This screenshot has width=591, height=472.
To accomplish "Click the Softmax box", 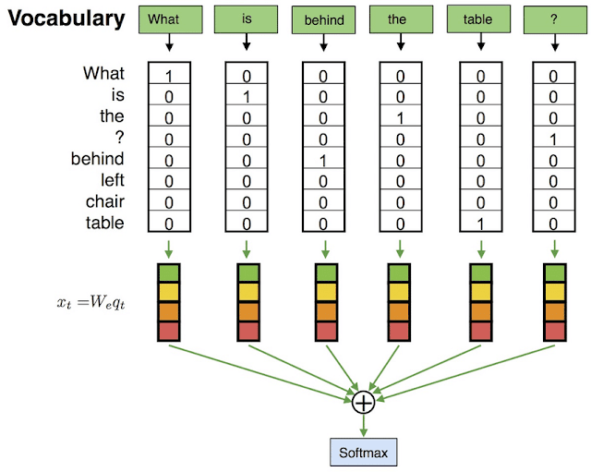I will click(363, 452).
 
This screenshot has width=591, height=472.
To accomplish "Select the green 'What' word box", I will click(163, 19).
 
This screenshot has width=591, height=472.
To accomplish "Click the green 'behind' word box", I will click(322, 19).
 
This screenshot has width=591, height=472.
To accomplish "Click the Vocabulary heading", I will click(63, 18).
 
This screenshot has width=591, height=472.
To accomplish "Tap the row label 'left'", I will click(108, 180).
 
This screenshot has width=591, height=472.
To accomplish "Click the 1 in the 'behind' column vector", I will click(322, 160).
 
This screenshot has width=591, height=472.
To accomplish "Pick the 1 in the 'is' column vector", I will click(245, 96).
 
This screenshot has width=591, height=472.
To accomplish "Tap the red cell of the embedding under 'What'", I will click(167, 331).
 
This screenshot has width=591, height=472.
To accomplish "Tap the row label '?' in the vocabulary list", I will click(118, 138).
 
